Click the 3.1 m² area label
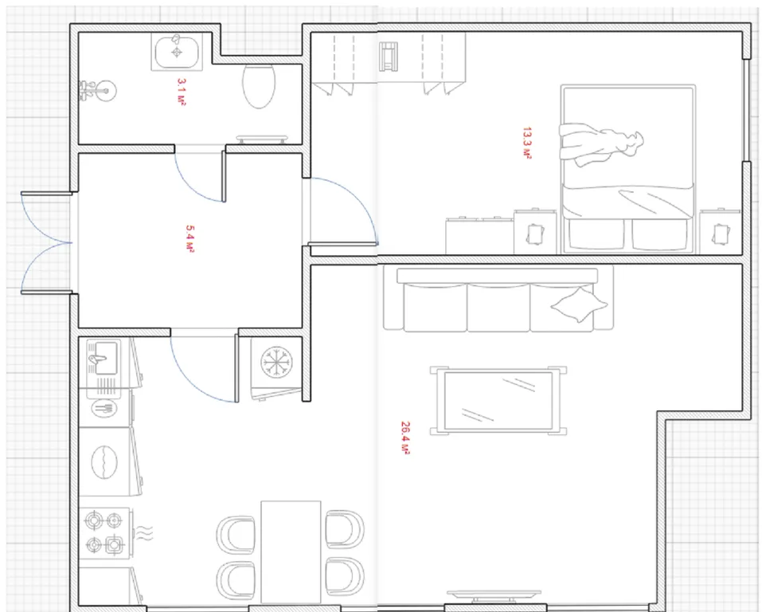[x=181, y=92]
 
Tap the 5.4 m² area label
[x=190, y=239]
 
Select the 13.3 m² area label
[x=527, y=143]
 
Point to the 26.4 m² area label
[x=405, y=437]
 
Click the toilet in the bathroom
[x=259, y=86]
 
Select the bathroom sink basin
[x=177, y=52]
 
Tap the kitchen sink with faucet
[x=103, y=358]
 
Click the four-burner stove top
[x=104, y=532]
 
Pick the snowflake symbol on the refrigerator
[x=276, y=363]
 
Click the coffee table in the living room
[x=498, y=400]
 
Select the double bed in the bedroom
[x=628, y=169]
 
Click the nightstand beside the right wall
[x=721, y=232]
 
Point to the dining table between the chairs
[x=291, y=553]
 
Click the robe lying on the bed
[x=600, y=144]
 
